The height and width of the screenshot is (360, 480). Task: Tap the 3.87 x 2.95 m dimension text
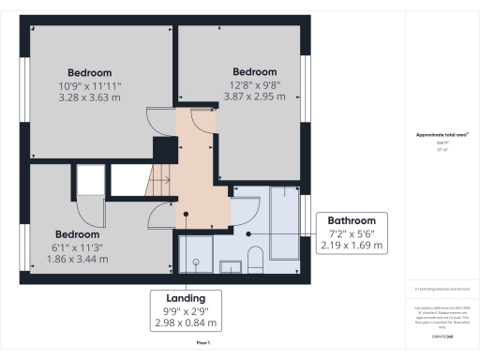tap(255, 96)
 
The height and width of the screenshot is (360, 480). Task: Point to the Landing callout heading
tap(185, 297)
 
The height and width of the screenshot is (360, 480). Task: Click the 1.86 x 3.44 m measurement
tap(77, 259)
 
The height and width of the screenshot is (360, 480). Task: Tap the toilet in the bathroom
tap(255, 257)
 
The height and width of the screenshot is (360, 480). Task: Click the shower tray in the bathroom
tap(196, 251)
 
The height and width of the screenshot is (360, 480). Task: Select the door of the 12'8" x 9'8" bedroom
tap(202, 122)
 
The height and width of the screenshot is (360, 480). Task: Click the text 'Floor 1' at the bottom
tap(202, 344)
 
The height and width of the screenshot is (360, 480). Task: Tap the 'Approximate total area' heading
tap(442, 136)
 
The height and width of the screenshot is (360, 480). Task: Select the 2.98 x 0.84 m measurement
tap(185, 323)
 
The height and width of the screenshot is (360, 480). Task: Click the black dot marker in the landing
tap(187, 214)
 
